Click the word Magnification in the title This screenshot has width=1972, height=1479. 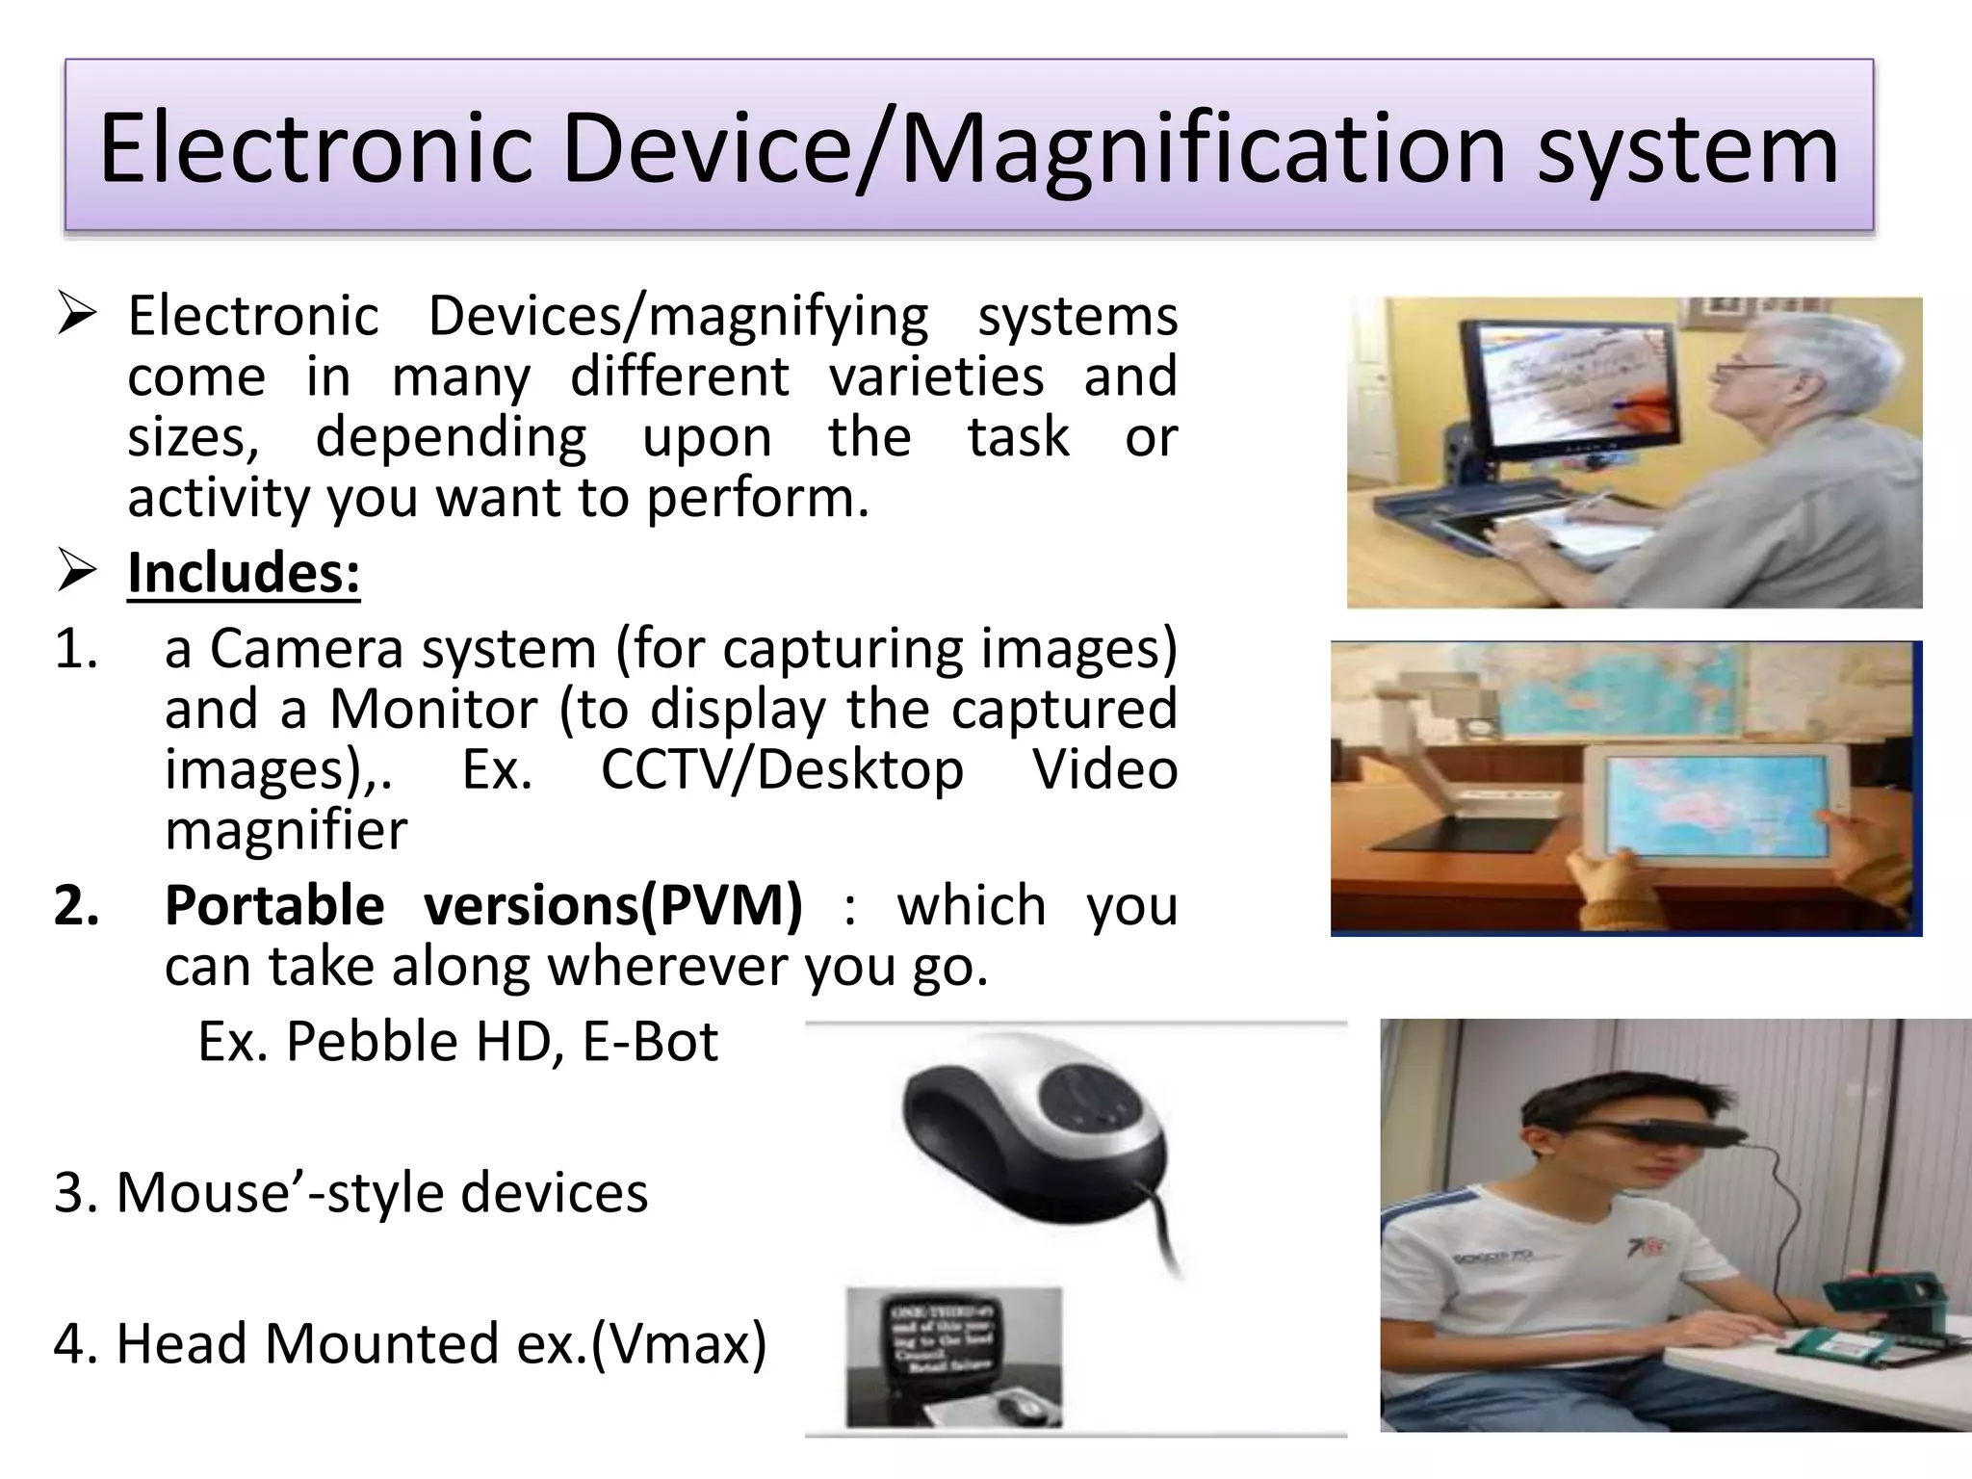(x=1203, y=149)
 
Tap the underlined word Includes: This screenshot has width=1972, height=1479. (x=244, y=573)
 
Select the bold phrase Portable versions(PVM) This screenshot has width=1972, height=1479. (x=483, y=906)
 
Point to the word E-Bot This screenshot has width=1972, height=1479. (x=650, y=1042)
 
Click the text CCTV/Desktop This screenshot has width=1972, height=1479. (x=782, y=770)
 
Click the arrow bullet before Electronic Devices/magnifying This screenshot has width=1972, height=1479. (x=76, y=316)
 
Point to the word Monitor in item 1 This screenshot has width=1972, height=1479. (x=433, y=709)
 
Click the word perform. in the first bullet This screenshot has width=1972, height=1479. (x=758, y=498)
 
